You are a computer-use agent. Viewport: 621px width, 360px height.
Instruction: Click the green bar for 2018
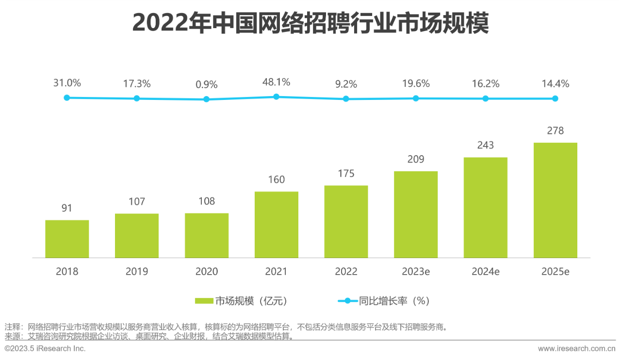point(67,239)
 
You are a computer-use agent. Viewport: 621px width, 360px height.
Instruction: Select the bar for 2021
point(276,225)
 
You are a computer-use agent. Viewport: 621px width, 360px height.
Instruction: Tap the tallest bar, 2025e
point(555,200)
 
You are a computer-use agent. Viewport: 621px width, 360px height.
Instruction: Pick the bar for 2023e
point(415,214)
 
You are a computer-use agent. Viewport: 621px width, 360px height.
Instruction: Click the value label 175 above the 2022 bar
point(346,174)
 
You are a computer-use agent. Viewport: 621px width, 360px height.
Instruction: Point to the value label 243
point(485,145)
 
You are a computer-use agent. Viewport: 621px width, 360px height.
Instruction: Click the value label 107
point(137,201)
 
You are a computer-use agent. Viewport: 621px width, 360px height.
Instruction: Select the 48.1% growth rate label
point(276,82)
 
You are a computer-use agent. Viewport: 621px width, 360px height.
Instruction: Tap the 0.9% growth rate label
point(206,84)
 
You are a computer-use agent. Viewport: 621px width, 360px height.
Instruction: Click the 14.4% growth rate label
point(555,84)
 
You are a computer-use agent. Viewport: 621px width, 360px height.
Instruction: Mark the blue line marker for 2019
point(137,98)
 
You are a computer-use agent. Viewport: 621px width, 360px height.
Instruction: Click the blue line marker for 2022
point(346,98)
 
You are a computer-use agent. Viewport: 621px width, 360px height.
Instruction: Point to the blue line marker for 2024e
point(485,98)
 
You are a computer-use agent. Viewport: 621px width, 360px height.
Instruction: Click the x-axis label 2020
point(206,272)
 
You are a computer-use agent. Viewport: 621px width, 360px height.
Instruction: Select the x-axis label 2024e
point(485,272)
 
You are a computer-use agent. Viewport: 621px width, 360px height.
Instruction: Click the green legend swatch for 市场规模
point(204,301)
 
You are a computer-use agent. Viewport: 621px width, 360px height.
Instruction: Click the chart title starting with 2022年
point(310,23)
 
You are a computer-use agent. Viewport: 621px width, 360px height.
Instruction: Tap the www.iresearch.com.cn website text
point(576,348)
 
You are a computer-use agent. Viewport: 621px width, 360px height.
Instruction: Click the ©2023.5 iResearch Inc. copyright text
point(45,348)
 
